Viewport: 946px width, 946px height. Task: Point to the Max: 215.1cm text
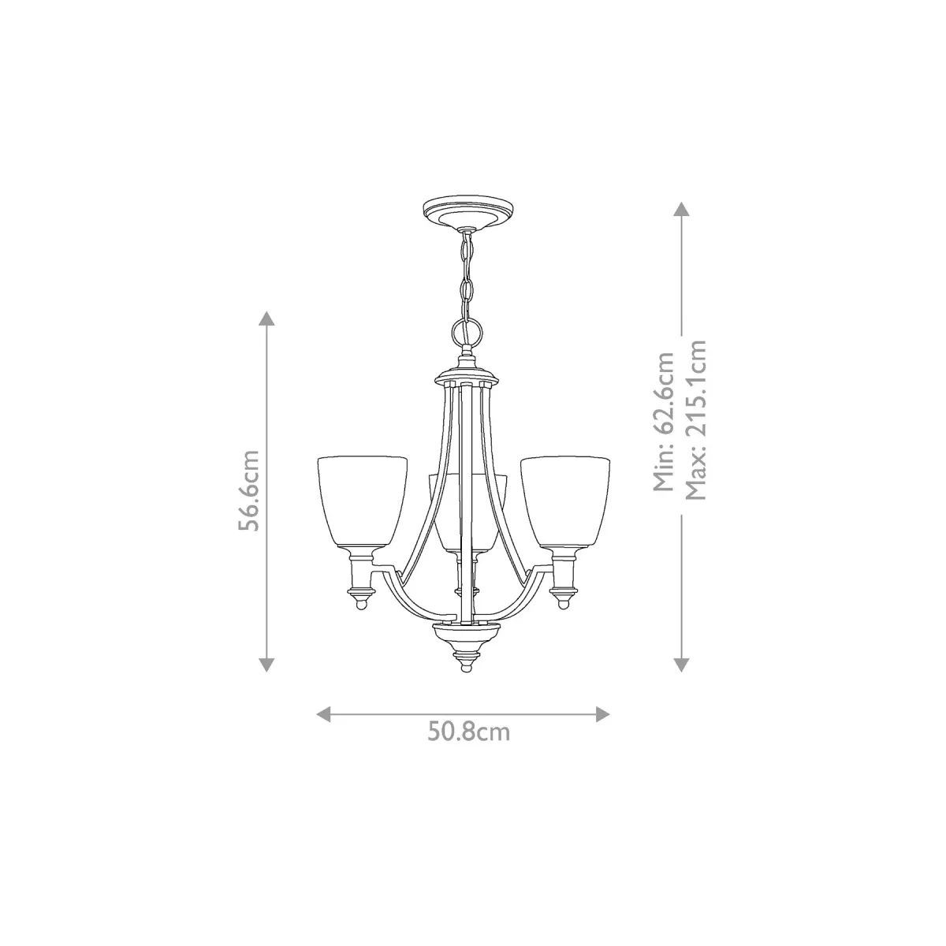click(695, 420)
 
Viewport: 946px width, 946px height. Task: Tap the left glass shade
click(363, 501)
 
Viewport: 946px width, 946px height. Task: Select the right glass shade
click(565, 501)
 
